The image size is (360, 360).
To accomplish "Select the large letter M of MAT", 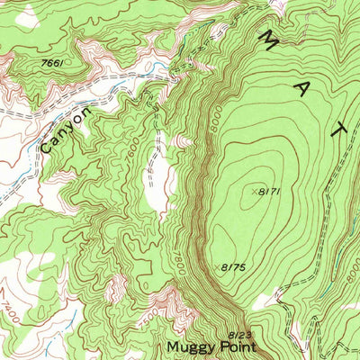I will pos(269,40).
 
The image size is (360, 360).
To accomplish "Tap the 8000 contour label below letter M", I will pos(213,117).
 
